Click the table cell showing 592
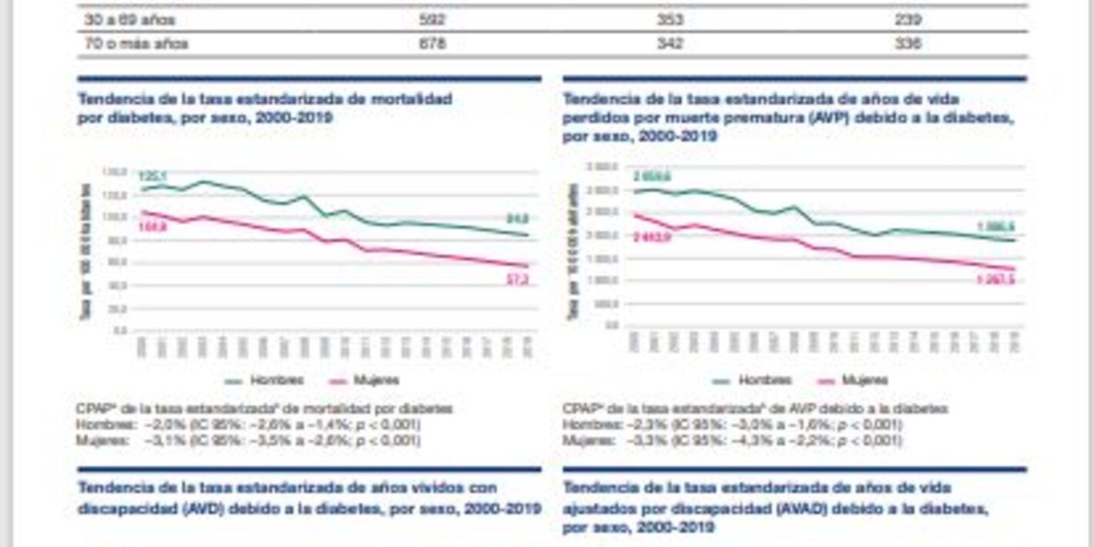tap(431, 20)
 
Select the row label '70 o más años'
tap(136, 44)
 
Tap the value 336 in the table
tap(908, 44)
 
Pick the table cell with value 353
tap(670, 20)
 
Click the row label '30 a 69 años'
tap(130, 20)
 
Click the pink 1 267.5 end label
tap(996, 280)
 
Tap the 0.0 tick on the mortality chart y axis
tap(120, 331)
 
